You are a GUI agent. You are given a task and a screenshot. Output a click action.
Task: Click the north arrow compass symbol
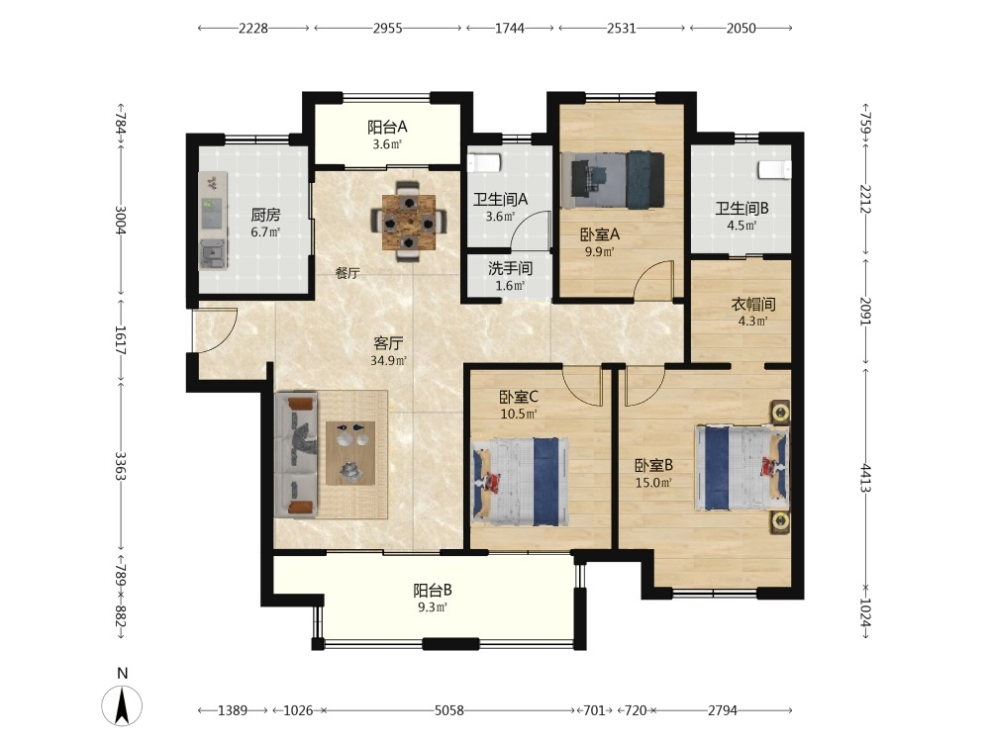(122, 704)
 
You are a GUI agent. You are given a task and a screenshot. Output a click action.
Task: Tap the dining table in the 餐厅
(409, 222)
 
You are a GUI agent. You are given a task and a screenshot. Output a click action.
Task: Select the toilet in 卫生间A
(484, 162)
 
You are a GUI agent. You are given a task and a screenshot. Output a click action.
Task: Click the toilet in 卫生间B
(775, 170)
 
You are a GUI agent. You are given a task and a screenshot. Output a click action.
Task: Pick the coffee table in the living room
(350, 453)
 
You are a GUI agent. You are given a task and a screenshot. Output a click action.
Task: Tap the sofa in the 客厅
(296, 454)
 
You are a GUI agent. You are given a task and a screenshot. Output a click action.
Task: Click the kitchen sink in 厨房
(214, 254)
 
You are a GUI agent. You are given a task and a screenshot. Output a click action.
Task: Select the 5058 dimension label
(448, 710)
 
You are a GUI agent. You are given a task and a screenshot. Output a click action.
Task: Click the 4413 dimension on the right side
(865, 479)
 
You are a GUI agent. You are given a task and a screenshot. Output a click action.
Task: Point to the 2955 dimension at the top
(387, 28)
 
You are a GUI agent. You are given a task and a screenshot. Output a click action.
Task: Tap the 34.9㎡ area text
(388, 361)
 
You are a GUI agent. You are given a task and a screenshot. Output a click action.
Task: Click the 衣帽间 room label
(753, 304)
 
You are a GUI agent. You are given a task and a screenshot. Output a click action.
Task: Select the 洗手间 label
(510, 269)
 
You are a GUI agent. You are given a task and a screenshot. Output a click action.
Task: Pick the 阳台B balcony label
(433, 591)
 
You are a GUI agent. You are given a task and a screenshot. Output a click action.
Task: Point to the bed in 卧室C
(521, 482)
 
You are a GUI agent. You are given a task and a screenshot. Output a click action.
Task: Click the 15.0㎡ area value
(653, 484)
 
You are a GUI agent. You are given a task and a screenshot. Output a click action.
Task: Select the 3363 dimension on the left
(120, 466)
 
